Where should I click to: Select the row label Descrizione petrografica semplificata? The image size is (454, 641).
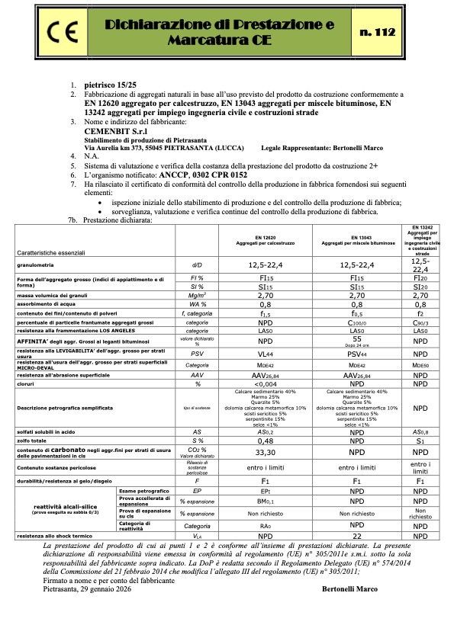[58, 409]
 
